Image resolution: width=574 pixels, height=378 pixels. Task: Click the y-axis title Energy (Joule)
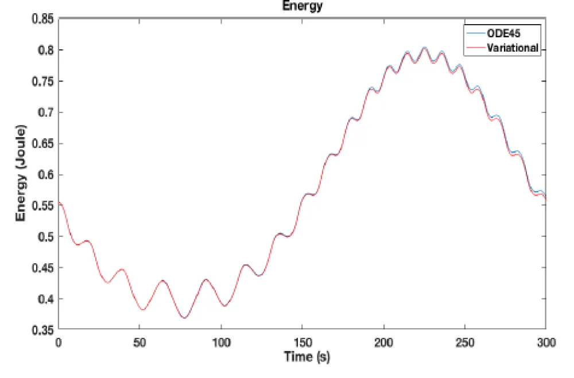point(21,174)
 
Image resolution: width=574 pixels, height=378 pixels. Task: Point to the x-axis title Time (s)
point(307,357)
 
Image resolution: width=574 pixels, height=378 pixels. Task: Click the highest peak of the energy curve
point(425,48)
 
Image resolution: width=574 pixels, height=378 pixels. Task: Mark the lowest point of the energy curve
point(184,318)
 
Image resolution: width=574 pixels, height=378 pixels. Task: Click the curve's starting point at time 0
point(59,202)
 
